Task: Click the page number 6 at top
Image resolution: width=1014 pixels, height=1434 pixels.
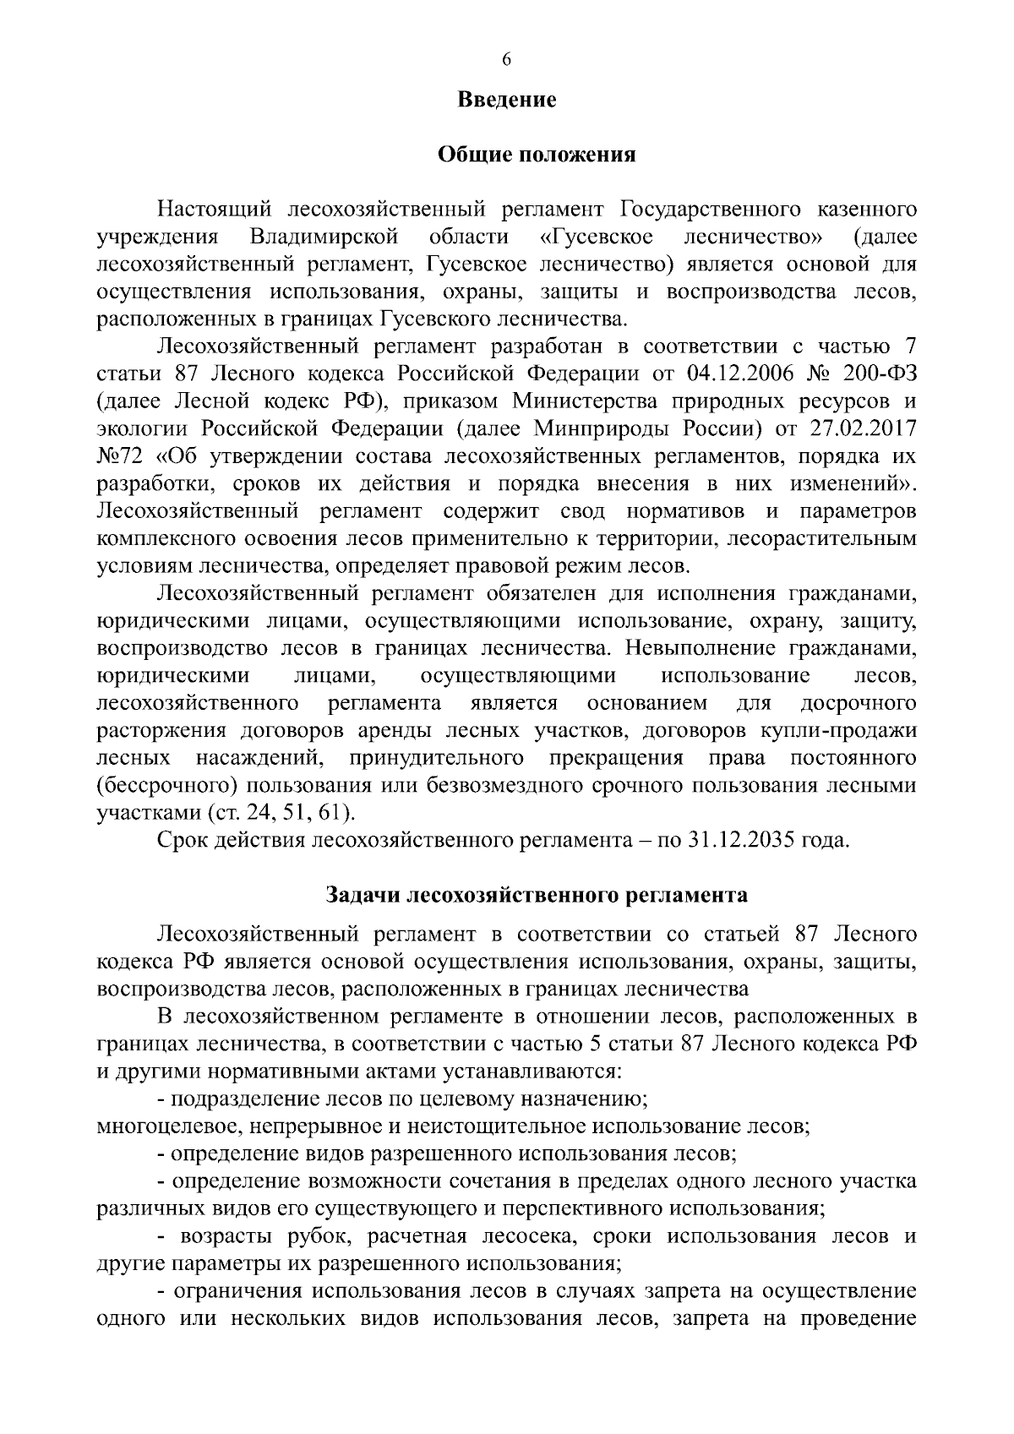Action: coord(507,59)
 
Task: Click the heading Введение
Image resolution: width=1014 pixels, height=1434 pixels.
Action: coord(507,100)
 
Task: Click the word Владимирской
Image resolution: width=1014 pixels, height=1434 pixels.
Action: coord(324,236)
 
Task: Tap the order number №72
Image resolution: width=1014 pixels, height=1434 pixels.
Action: coord(123,456)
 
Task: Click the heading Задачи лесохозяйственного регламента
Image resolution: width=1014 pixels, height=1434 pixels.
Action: coord(536,895)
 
